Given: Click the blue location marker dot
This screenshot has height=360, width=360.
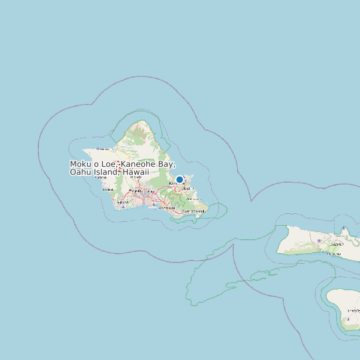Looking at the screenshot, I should (x=179, y=179).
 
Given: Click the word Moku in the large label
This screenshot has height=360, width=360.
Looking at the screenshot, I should (x=82, y=164).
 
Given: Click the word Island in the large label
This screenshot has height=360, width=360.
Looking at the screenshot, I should (x=106, y=173).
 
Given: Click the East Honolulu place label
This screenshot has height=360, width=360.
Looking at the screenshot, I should (x=194, y=211).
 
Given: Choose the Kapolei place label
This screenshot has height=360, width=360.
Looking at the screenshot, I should (x=124, y=202).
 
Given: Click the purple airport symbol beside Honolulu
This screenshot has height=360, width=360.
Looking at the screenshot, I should (x=154, y=204).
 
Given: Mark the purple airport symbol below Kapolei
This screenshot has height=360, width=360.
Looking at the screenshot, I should (x=124, y=207).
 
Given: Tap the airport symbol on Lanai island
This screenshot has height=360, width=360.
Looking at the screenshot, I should (x=348, y=319).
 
